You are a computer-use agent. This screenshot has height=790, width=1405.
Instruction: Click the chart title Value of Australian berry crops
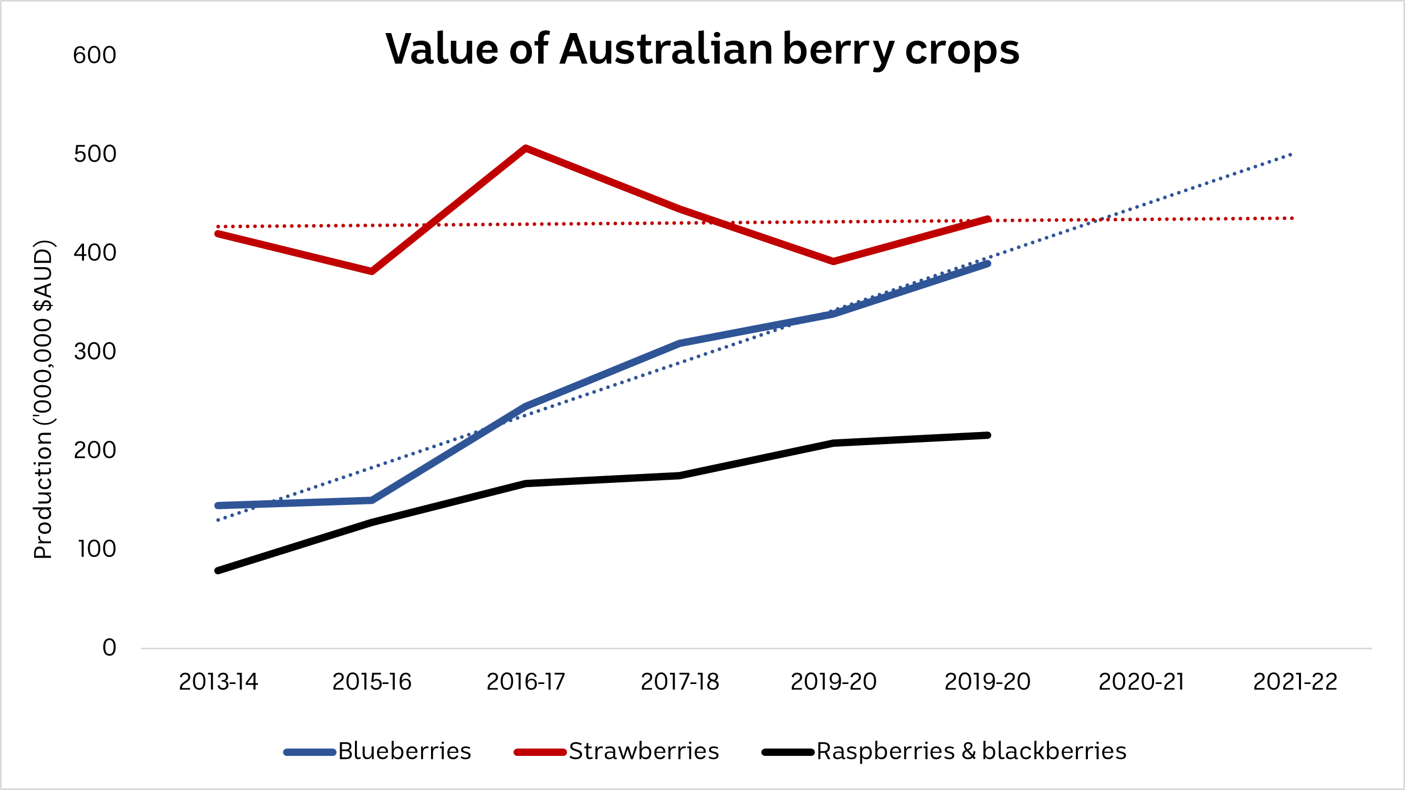click(702, 49)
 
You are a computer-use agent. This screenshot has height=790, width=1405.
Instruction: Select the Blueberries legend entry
click(404, 751)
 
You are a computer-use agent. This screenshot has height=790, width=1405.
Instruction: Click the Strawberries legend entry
click(644, 751)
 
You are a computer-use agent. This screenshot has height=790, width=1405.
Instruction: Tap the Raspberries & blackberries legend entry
click(971, 751)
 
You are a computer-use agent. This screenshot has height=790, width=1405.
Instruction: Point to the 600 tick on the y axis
click(95, 55)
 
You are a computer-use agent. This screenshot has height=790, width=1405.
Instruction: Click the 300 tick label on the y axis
click(95, 352)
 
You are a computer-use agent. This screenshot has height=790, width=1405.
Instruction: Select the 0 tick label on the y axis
click(109, 648)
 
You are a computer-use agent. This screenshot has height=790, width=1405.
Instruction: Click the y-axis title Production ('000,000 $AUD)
click(43, 399)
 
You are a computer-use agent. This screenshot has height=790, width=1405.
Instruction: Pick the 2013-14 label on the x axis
click(218, 682)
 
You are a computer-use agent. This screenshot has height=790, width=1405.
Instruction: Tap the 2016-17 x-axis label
click(526, 682)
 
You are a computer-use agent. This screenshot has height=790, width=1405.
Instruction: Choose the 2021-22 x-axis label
click(1295, 682)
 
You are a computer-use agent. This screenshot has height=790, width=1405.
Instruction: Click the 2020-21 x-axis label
click(1141, 682)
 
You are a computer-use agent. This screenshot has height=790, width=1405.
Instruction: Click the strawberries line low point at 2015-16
click(372, 271)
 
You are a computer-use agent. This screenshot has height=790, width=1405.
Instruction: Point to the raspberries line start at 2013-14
click(218, 570)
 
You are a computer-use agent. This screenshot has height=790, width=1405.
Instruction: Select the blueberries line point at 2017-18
click(679, 343)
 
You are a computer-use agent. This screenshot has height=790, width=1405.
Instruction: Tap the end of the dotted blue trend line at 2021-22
click(1292, 155)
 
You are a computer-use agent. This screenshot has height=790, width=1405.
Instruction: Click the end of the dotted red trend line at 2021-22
click(1293, 218)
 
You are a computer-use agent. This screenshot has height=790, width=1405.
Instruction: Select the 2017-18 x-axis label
click(679, 682)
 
